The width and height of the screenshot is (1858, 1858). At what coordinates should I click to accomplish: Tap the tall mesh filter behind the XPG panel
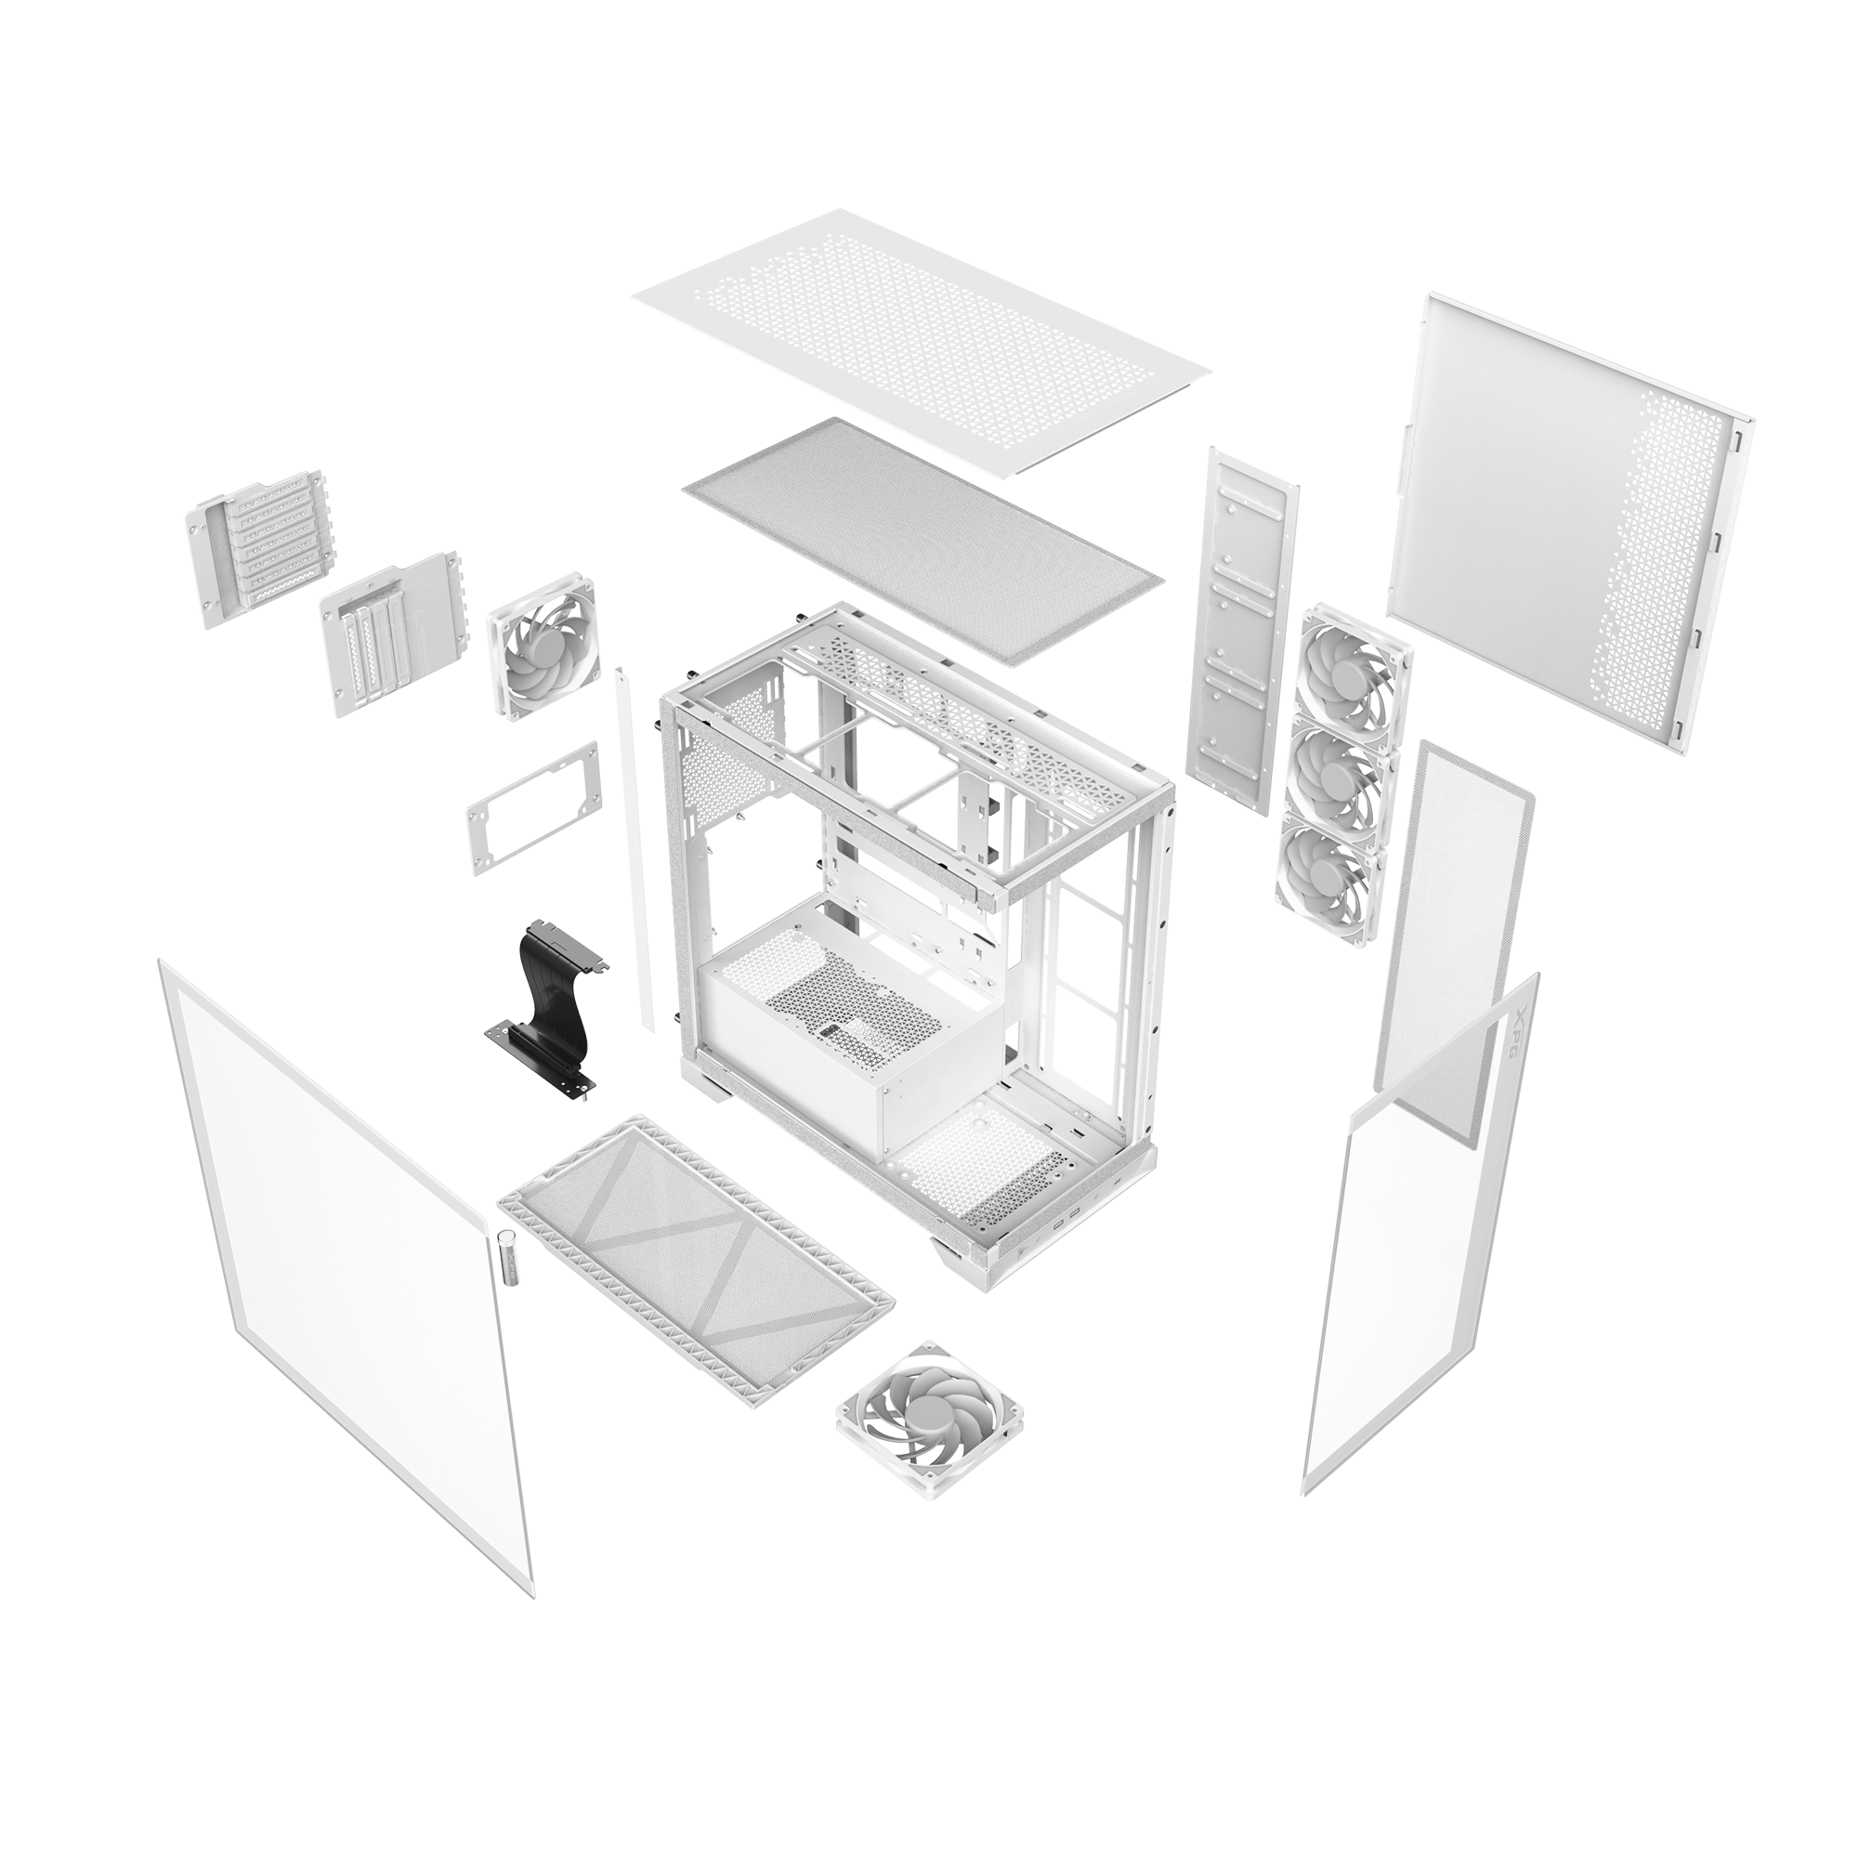pyautogui.click(x=1452, y=923)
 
